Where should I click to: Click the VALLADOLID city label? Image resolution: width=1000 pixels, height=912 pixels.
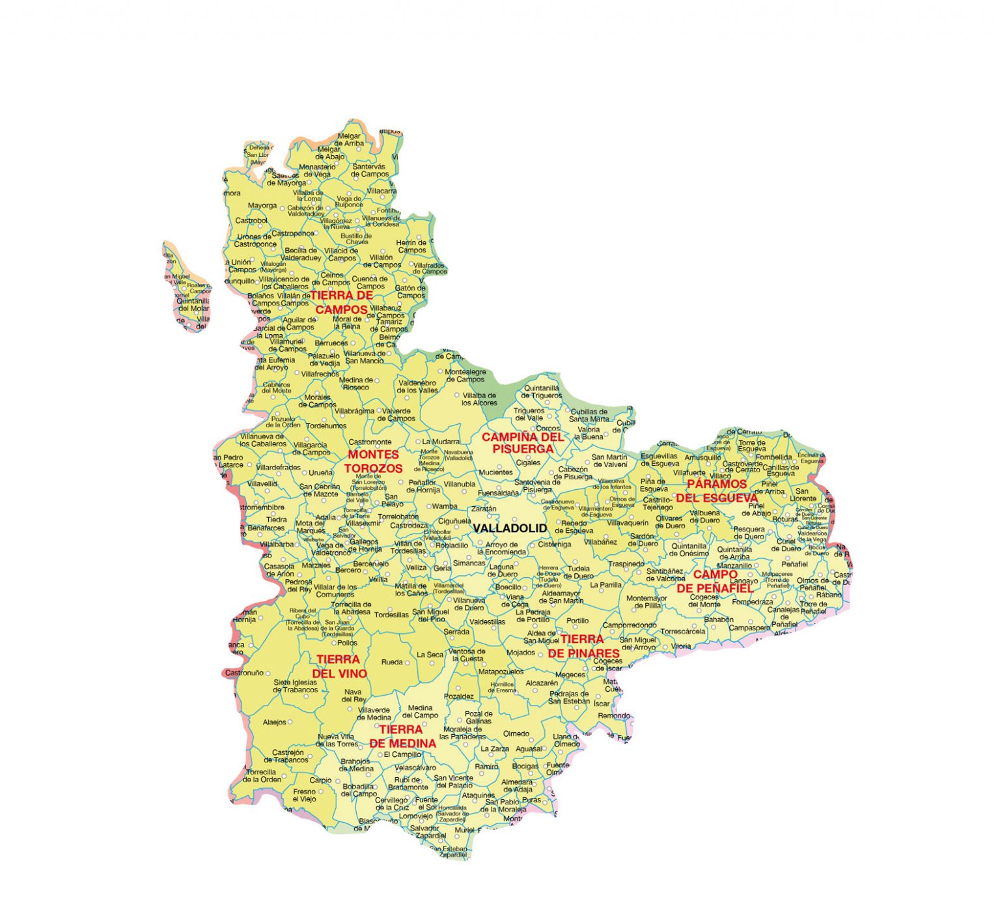click(x=510, y=528)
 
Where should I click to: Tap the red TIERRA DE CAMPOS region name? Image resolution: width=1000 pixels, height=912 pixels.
click(x=341, y=303)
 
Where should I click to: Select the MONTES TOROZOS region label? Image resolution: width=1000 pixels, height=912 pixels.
click(x=373, y=461)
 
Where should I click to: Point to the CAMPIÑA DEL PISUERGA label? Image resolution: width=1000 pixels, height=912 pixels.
click(x=523, y=443)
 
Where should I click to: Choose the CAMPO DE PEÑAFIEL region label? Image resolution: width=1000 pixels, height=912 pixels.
click(x=715, y=581)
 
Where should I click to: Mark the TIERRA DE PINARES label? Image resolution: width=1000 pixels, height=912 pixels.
click(x=583, y=646)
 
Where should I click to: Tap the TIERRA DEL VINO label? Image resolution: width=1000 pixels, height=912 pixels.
click(x=339, y=666)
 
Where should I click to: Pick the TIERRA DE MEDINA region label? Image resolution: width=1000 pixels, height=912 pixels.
click(x=402, y=736)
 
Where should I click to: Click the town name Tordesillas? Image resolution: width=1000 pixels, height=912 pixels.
click(x=391, y=614)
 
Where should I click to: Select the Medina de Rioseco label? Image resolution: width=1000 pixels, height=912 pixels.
click(x=355, y=384)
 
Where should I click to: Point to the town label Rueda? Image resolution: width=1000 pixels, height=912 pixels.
click(x=392, y=662)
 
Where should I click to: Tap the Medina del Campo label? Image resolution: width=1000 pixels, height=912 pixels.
click(x=420, y=711)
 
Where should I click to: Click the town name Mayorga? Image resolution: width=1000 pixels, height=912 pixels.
click(x=262, y=206)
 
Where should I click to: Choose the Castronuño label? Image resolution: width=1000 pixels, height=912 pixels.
click(x=244, y=672)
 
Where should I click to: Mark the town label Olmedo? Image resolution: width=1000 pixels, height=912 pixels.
click(x=516, y=734)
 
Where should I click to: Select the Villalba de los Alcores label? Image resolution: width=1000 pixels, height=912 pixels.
click(x=479, y=399)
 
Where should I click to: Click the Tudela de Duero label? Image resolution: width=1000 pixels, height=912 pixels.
click(x=578, y=572)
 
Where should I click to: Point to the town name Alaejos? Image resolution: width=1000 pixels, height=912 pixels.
click(x=274, y=722)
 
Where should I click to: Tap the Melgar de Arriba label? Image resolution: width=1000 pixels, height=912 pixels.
click(x=349, y=139)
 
